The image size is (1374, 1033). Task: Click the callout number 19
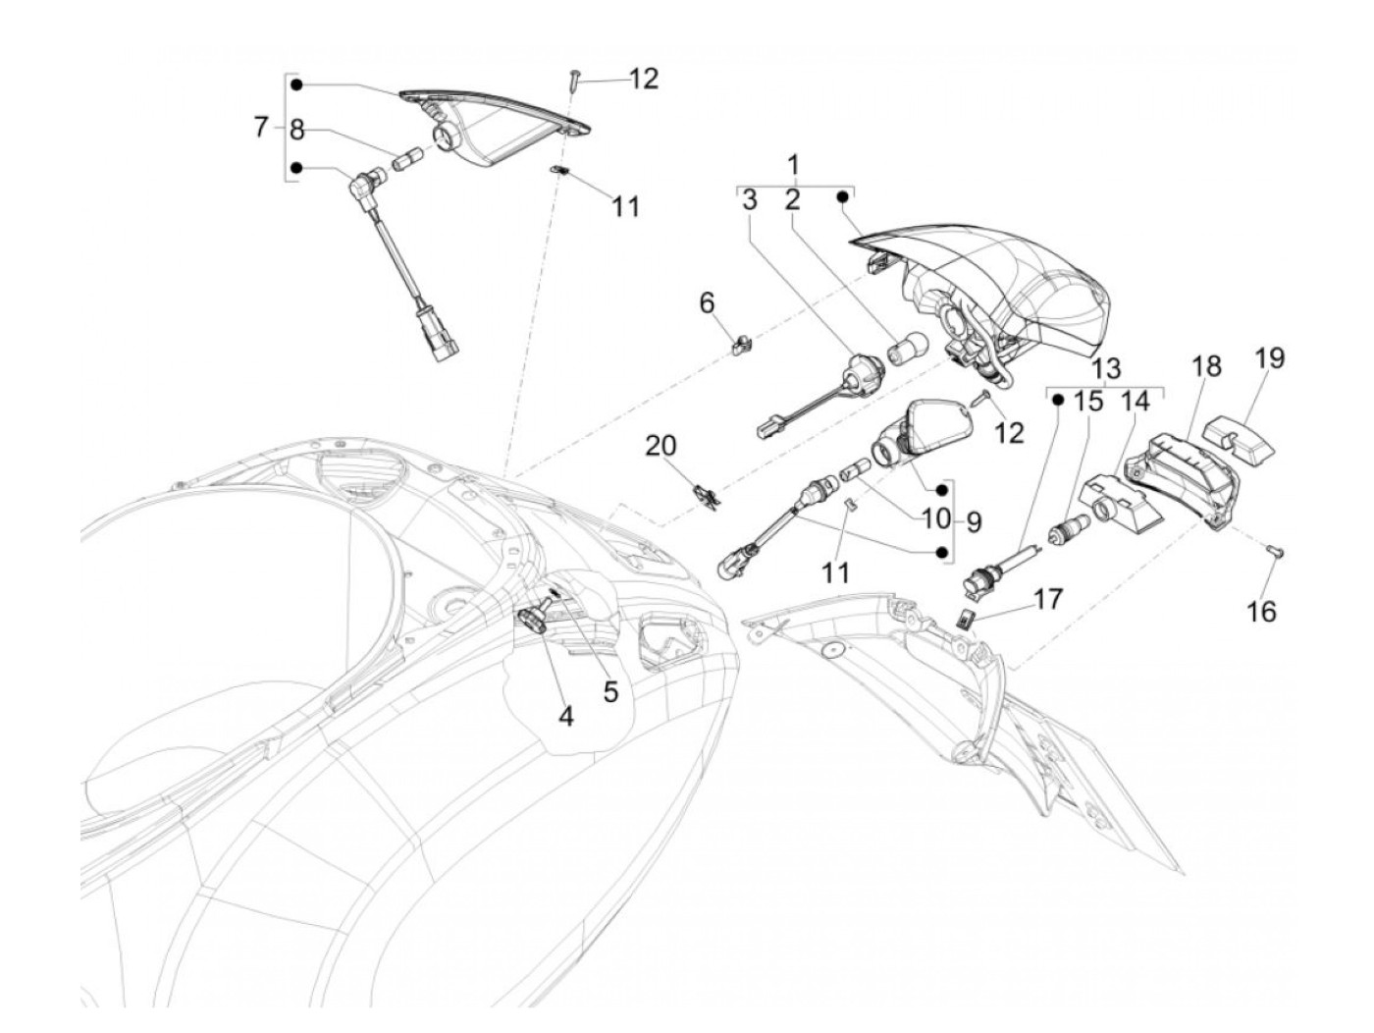coord(1269,357)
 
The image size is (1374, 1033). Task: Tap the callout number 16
coord(1262,612)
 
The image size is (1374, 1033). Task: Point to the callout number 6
coord(708,303)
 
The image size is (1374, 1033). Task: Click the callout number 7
coord(260,127)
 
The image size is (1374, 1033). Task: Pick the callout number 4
coord(565,717)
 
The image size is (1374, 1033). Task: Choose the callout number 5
coord(610,691)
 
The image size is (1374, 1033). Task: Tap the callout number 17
coord(1048,597)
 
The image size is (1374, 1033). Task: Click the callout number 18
coord(1207,366)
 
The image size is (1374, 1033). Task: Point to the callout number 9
coord(973,521)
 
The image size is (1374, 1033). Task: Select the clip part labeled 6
coord(744,343)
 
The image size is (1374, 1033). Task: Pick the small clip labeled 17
coord(967,618)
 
